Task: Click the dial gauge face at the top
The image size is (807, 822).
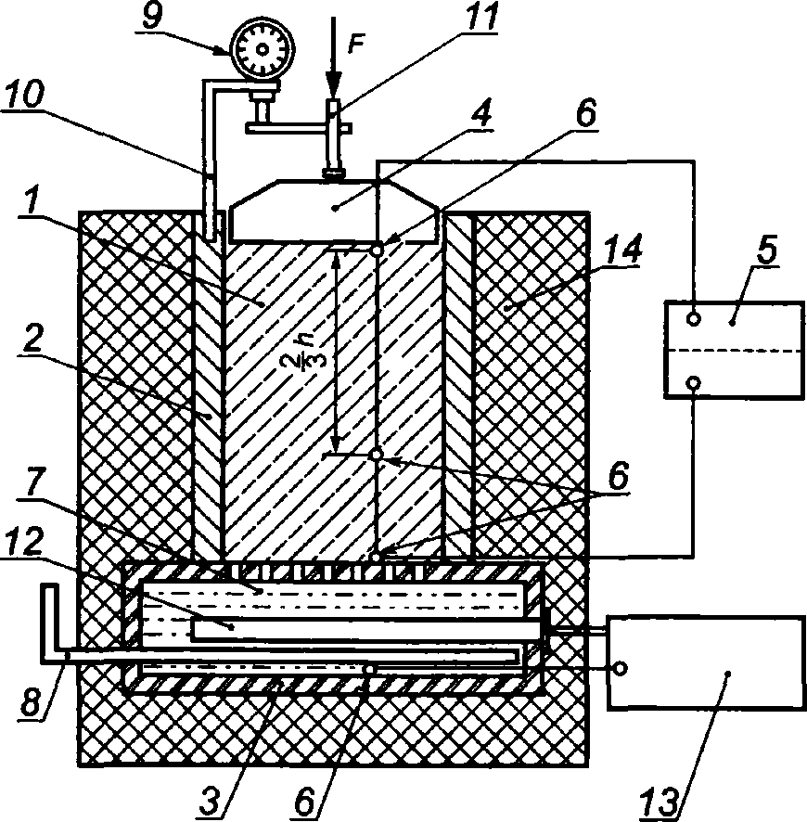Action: coord(261,49)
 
